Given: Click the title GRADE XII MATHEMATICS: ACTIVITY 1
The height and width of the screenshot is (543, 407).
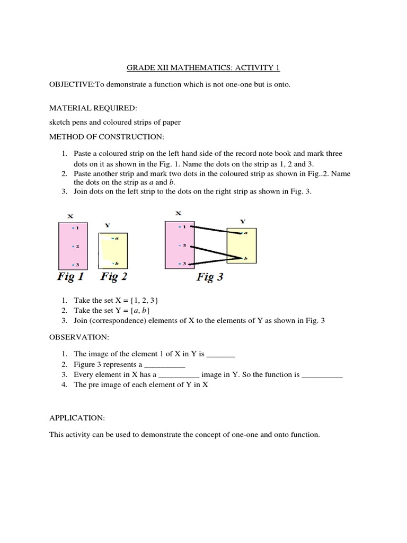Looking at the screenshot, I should [203, 68].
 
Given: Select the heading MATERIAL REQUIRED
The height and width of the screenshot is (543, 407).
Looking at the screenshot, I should [93, 108].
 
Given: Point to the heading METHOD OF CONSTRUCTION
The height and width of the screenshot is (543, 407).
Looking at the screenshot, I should [107, 137].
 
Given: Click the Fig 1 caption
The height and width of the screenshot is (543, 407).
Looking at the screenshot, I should [70, 276].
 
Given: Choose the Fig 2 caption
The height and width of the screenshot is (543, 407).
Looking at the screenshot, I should [113, 276].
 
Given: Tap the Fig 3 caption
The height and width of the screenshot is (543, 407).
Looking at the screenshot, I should [210, 277].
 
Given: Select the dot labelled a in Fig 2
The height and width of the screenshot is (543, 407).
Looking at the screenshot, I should [113, 239].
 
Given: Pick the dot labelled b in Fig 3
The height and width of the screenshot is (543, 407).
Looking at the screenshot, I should [242, 258].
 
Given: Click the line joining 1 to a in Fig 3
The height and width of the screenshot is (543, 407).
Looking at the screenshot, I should [215, 230].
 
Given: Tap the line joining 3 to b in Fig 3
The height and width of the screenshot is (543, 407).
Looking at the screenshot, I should [215, 261].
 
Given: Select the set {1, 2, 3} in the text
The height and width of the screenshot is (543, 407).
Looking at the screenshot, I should [130, 300].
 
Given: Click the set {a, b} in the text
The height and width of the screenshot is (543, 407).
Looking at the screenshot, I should [129, 310].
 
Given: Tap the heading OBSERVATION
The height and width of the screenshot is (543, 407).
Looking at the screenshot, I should [72, 337].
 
